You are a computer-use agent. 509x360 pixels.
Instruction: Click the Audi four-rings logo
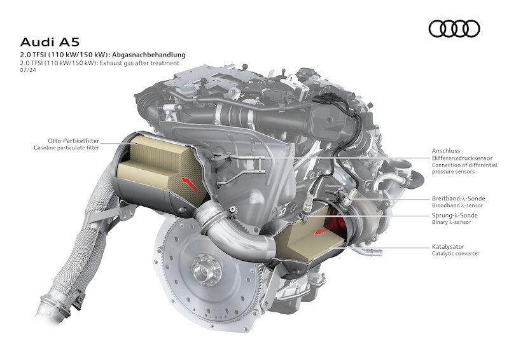454,28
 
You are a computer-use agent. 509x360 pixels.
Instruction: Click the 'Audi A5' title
50,42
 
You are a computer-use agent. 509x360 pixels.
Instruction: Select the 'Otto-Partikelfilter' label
73,141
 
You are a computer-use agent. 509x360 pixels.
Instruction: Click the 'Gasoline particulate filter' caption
67,148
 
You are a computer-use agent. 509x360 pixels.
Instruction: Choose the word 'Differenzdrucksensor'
462,158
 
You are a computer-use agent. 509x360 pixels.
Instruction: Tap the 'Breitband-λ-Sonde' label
458,198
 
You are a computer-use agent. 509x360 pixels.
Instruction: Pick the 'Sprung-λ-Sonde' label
454,215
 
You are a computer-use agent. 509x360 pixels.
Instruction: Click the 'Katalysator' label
448,247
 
